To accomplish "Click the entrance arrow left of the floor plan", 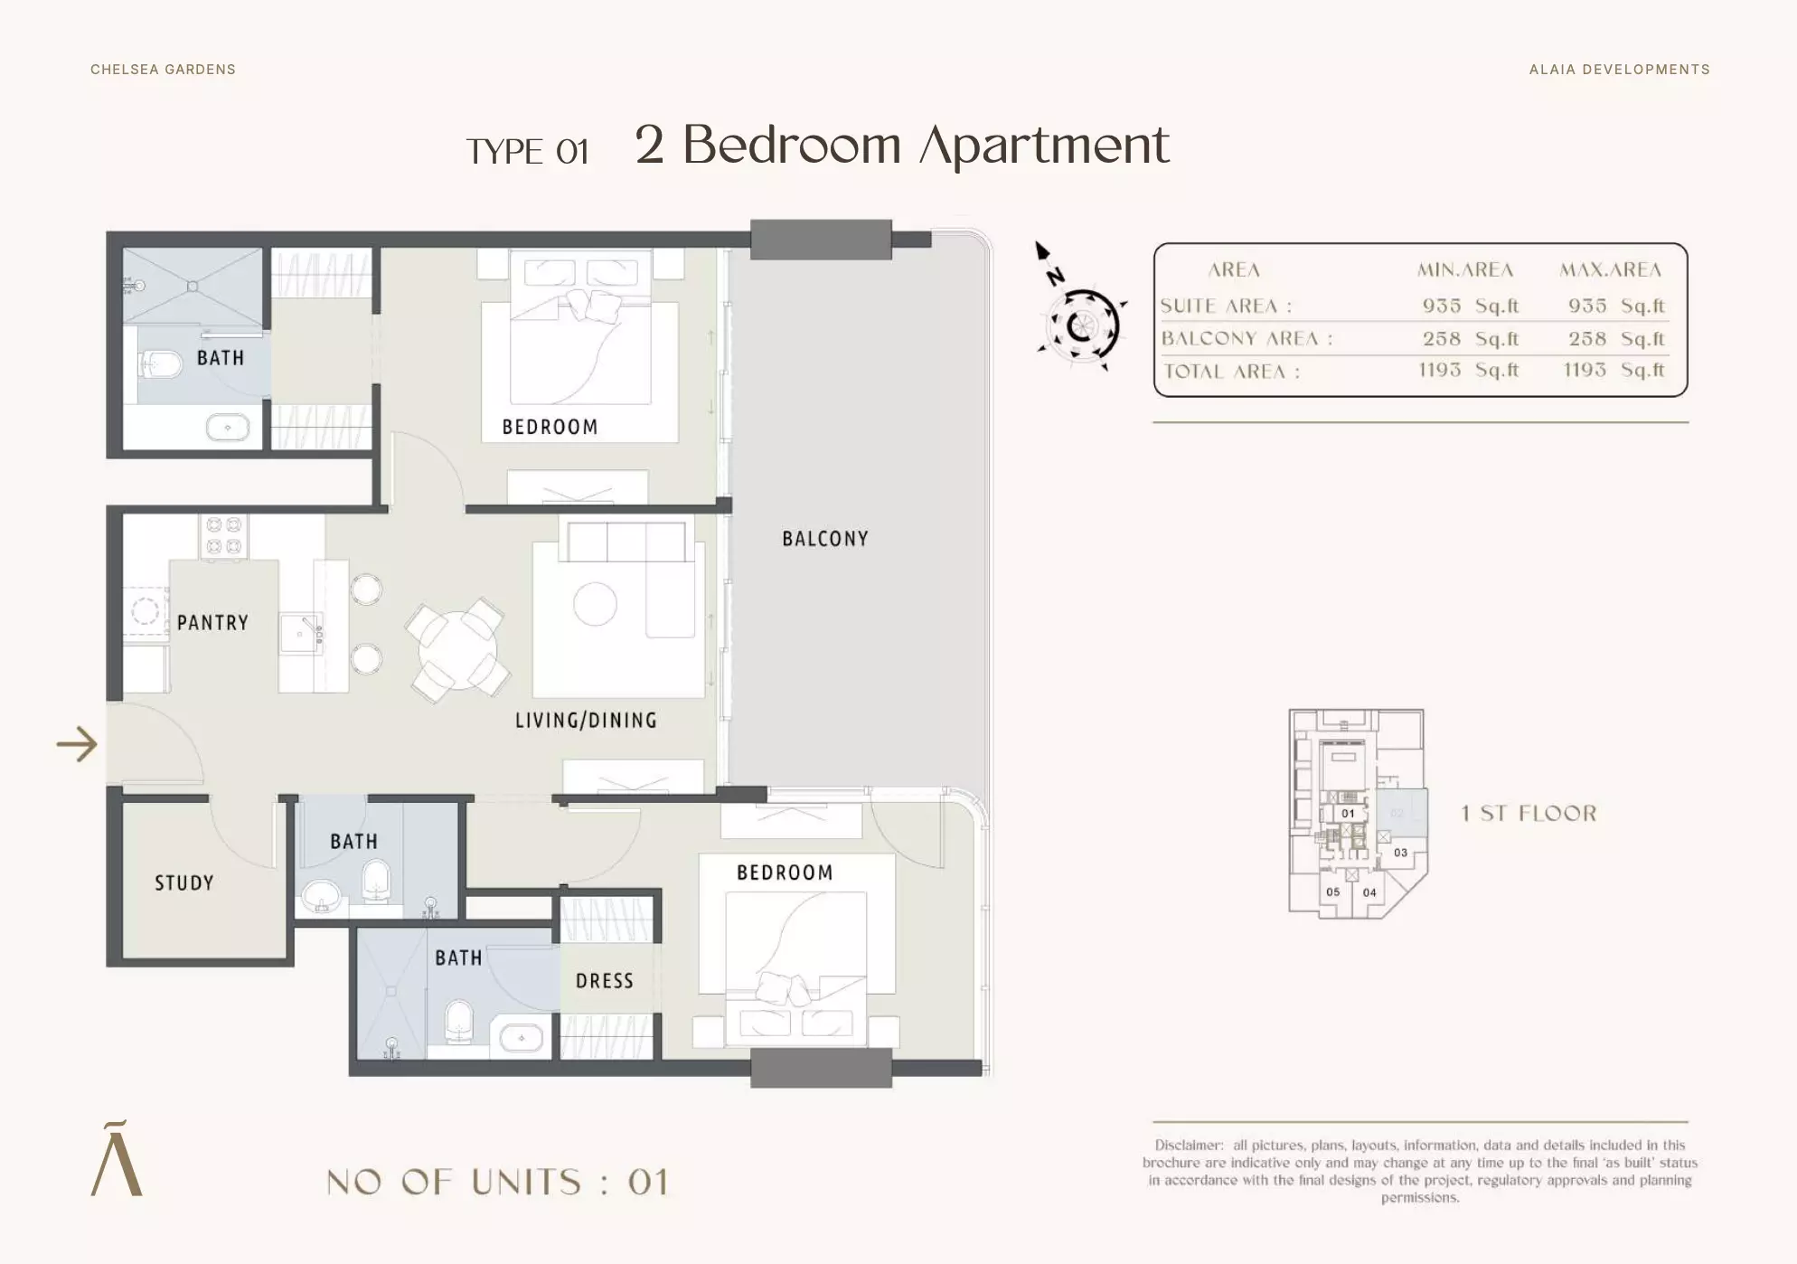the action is (x=77, y=745).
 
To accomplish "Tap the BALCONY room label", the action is (x=825, y=539).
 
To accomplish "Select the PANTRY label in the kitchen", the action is (x=212, y=623).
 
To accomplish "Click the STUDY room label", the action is (x=184, y=883).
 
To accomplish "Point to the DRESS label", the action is (x=605, y=981).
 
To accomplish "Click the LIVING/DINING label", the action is (x=586, y=721).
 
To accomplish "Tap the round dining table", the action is (x=457, y=651).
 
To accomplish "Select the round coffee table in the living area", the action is (x=595, y=604).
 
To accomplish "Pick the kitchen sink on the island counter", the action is (x=300, y=632).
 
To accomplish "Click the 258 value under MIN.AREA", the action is (x=1441, y=339).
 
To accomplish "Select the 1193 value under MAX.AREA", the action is (x=1585, y=370).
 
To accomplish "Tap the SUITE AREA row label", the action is (x=1226, y=307).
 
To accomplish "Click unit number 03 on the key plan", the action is (x=1400, y=853).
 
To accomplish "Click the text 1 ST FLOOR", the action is (x=1529, y=814).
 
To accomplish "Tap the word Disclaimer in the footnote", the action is (x=1188, y=1146).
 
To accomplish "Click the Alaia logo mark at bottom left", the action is (x=117, y=1159).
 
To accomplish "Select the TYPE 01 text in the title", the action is (x=528, y=152).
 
